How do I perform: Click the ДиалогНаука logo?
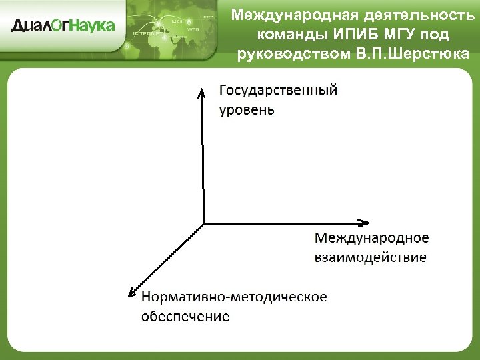[x=63, y=26]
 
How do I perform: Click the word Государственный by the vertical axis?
[x=278, y=91]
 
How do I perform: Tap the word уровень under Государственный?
[x=247, y=109]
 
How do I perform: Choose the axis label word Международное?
[x=371, y=238]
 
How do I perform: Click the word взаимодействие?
[x=370, y=257]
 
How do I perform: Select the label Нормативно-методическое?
[x=234, y=297]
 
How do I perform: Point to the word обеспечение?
[x=185, y=316]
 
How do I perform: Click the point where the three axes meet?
[x=203, y=223]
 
